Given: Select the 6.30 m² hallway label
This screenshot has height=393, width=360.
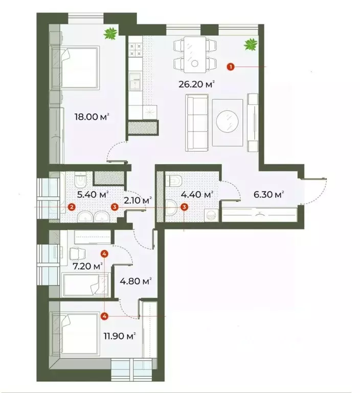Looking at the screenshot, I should click(268, 194).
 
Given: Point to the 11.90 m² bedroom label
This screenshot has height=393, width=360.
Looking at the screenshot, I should click(118, 336).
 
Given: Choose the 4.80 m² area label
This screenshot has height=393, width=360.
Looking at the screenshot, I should click(136, 281).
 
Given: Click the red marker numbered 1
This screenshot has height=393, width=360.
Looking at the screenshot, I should click(231, 67).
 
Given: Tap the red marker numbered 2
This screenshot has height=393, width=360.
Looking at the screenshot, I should click(72, 207).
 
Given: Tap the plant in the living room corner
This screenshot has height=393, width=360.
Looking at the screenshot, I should click(250, 45).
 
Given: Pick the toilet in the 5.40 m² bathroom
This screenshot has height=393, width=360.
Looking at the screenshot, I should click(79, 182).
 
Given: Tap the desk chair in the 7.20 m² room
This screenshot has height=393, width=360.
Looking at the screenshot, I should click(76, 253).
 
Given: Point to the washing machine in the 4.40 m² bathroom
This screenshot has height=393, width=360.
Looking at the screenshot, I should click(210, 215).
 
